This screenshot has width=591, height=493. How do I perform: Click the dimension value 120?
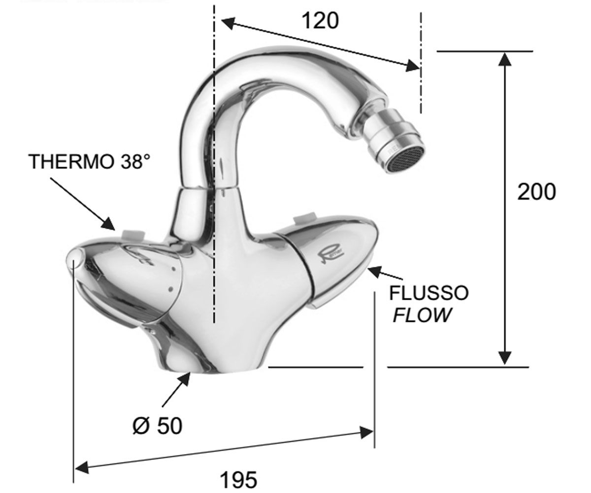[x=320, y=21]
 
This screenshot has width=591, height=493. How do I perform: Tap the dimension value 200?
[x=537, y=192]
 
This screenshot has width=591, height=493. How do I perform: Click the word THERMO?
[x=71, y=162]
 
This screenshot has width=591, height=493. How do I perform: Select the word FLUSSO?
[x=429, y=293]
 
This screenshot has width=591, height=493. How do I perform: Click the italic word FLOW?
[x=422, y=315]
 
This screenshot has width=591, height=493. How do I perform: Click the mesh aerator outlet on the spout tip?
[x=406, y=160]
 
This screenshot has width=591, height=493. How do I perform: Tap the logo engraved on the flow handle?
[x=332, y=253]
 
